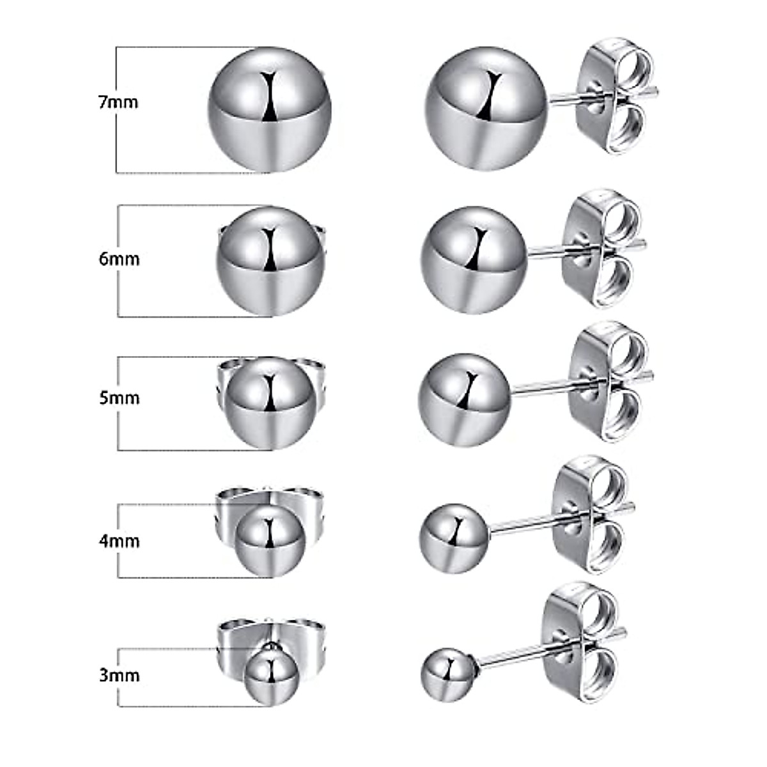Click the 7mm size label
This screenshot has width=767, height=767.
(118, 102)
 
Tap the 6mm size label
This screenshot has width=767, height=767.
(119, 260)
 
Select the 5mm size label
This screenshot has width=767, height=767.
(120, 398)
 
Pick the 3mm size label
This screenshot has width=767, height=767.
(120, 675)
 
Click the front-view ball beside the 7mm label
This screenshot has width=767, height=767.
(270, 109)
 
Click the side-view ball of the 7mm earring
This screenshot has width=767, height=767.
(486, 109)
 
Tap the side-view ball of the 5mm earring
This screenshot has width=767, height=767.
(465, 399)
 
